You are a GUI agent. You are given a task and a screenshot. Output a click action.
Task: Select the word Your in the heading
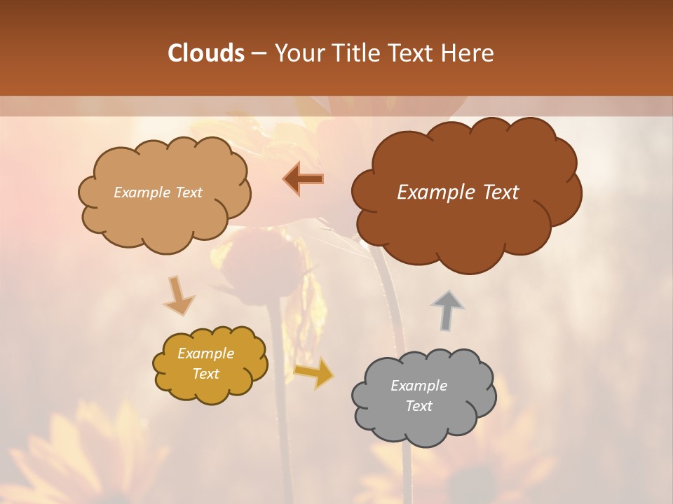[x=297, y=53]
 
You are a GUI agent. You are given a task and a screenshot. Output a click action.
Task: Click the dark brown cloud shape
[x=466, y=224]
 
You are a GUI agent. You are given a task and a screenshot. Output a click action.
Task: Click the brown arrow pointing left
[x=304, y=178]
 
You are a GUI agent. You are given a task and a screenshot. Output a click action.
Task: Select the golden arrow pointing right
[x=313, y=372]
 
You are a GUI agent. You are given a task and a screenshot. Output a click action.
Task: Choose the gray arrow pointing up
[x=447, y=310]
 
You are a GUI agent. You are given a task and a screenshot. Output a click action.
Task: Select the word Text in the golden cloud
[x=206, y=374]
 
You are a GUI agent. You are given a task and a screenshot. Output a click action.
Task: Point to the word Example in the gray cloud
[x=419, y=386]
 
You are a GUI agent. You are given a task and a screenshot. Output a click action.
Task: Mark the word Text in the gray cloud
[x=419, y=406]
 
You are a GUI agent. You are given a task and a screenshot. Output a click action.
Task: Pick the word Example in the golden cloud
[x=206, y=353]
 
